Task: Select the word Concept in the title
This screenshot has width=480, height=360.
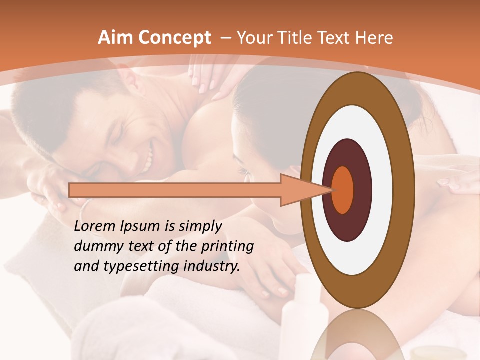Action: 174,38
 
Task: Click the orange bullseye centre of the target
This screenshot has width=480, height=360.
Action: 343,190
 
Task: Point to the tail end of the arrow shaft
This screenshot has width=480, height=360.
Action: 72,190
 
